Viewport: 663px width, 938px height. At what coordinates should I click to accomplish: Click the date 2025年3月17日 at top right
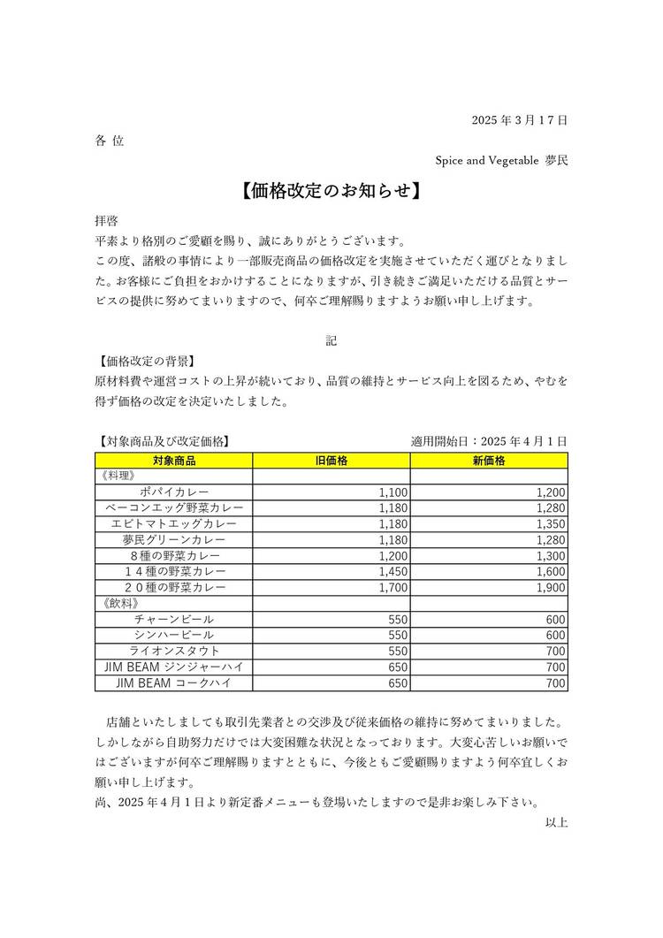[519, 119]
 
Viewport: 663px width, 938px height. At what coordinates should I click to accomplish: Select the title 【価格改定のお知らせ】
[331, 190]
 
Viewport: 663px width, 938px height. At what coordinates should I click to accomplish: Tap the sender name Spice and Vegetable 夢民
[500, 160]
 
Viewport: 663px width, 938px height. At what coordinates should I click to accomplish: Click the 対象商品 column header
[173, 461]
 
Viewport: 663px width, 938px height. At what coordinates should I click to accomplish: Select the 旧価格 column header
[331, 461]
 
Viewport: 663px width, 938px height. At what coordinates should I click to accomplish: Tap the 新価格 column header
[489, 461]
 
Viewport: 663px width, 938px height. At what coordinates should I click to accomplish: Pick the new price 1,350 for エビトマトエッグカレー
[551, 524]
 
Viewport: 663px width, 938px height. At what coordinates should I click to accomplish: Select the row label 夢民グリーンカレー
[173, 540]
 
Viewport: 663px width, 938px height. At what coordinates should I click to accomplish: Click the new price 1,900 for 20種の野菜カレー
[551, 588]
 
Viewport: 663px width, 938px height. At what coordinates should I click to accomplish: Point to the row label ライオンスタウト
[173, 652]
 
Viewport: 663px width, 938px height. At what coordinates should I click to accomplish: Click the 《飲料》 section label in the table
[114, 604]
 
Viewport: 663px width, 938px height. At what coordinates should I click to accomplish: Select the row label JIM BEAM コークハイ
[173, 683]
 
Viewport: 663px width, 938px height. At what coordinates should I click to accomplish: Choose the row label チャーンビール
[173, 620]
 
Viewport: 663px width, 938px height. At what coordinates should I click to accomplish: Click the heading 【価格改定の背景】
[145, 361]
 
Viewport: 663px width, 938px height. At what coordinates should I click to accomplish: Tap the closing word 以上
[556, 822]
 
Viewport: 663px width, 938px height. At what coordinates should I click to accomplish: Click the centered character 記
[331, 339]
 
